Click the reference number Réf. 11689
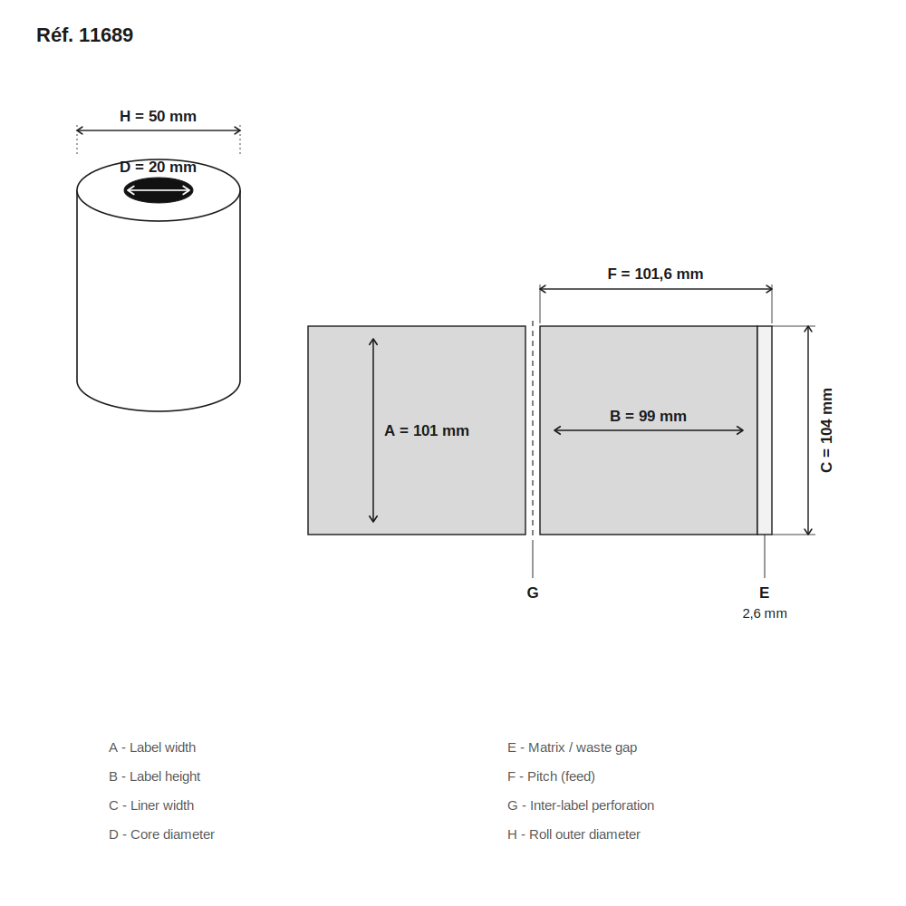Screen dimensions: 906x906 click(84, 35)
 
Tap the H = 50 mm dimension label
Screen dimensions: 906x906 click(158, 116)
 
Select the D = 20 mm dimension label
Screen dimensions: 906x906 click(158, 167)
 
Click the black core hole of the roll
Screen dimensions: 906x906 click(159, 190)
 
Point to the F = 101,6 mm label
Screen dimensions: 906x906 click(655, 274)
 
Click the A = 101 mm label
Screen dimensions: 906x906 click(427, 430)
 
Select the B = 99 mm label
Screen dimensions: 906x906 click(648, 416)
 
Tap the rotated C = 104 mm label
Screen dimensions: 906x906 click(826, 429)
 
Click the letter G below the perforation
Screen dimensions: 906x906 click(533, 593)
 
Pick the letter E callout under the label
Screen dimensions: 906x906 click(764, 593)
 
